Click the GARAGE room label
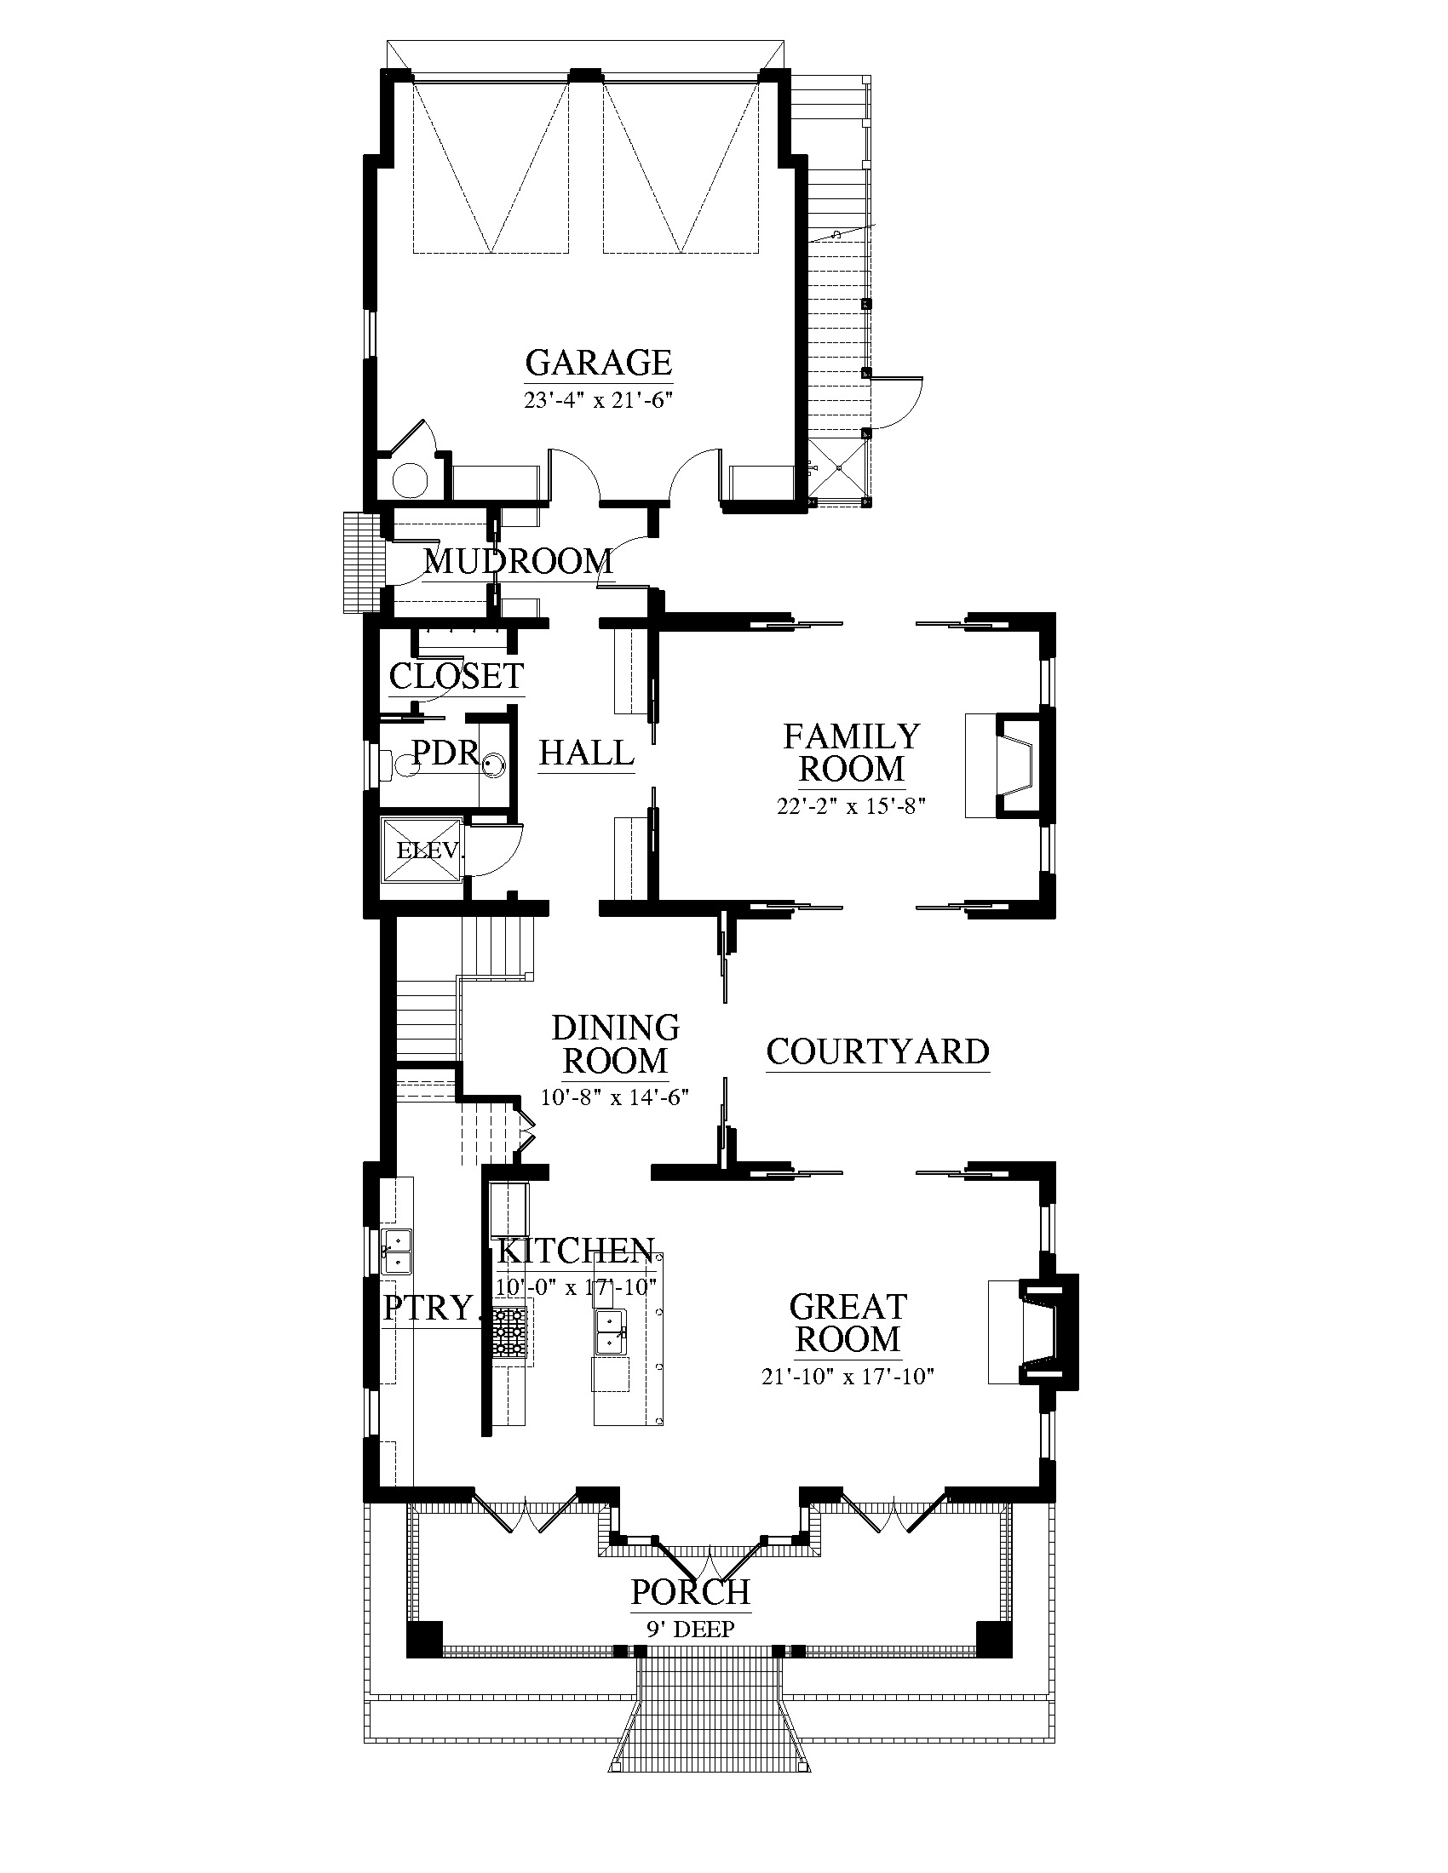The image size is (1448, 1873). coord(598,363)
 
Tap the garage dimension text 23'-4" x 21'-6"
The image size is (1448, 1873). coord(597,399)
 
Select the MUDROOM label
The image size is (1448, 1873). coord(519,562)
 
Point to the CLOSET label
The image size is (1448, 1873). coord(457,676)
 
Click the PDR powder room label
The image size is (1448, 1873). coord(445,752)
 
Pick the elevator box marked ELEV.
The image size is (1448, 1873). coord(422,850)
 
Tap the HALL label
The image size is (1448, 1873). coord(587,753)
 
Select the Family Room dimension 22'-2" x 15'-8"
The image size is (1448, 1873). coord(851,806)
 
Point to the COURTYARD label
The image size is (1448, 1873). coord(877,1051)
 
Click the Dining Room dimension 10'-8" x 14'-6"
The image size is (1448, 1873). coord(615,1097)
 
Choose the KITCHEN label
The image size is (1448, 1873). coord(576,1252)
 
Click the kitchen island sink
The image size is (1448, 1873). coord(611,1331)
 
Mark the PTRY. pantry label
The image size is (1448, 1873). coord(428,1309)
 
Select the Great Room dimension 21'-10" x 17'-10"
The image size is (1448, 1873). coord(848,1377)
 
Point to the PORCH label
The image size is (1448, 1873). coord(691,1592)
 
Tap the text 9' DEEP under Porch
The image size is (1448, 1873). coord(691,1629)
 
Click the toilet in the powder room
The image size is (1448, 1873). coord(394,764)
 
